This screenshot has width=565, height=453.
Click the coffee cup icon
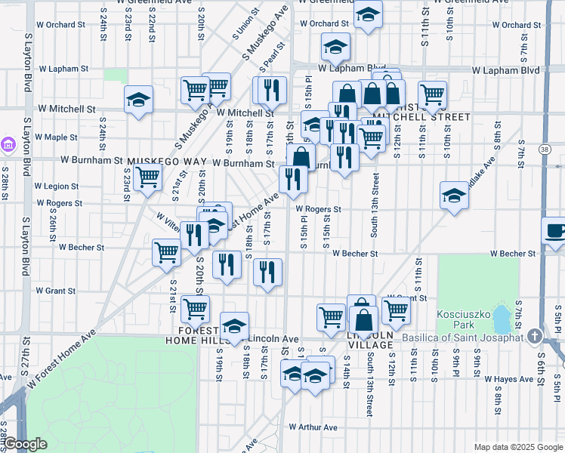point(555,230)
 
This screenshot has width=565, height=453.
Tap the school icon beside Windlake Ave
point(454,196)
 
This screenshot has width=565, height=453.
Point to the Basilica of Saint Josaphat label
point(462,337)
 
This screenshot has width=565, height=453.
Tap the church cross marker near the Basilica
point(535,335)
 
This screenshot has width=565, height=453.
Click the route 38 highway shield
point(545,150)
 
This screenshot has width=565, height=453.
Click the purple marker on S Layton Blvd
point(9,143)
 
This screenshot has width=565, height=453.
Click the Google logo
point(25,445)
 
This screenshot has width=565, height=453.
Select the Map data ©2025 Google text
point(517,447)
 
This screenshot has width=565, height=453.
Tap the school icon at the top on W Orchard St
point(367,15)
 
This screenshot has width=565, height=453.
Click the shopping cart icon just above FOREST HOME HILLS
point(196,308)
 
